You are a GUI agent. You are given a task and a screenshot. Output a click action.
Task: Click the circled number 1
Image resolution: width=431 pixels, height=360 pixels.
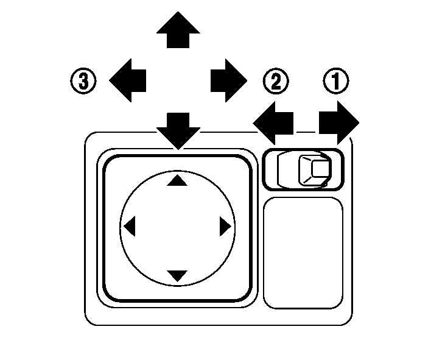click(x=334, y=81)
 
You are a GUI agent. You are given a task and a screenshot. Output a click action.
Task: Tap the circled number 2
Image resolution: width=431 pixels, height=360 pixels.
click(x=276, y=81)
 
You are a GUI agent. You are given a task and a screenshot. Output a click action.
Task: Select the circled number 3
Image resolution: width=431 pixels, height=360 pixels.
click(x=83, y=81)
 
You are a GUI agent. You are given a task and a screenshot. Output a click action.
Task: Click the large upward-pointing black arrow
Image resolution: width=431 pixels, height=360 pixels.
click(x=178, y=30)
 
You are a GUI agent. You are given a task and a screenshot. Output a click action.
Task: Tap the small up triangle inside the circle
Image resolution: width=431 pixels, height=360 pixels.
click(x=177, y=180)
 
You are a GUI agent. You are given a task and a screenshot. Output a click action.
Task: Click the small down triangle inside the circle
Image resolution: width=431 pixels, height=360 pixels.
click(x=177, y=275)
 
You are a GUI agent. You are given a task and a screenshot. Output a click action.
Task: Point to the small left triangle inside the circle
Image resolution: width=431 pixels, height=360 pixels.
click(x=129, y=227)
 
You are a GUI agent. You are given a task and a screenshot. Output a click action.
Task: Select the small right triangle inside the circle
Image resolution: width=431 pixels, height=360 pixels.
click(x=225, y=227)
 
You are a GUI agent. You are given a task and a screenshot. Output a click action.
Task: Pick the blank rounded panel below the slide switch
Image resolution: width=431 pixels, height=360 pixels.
click(x=303, y=252)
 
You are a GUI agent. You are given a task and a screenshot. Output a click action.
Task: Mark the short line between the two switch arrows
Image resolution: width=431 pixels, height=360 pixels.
click(x=308, y=132)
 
